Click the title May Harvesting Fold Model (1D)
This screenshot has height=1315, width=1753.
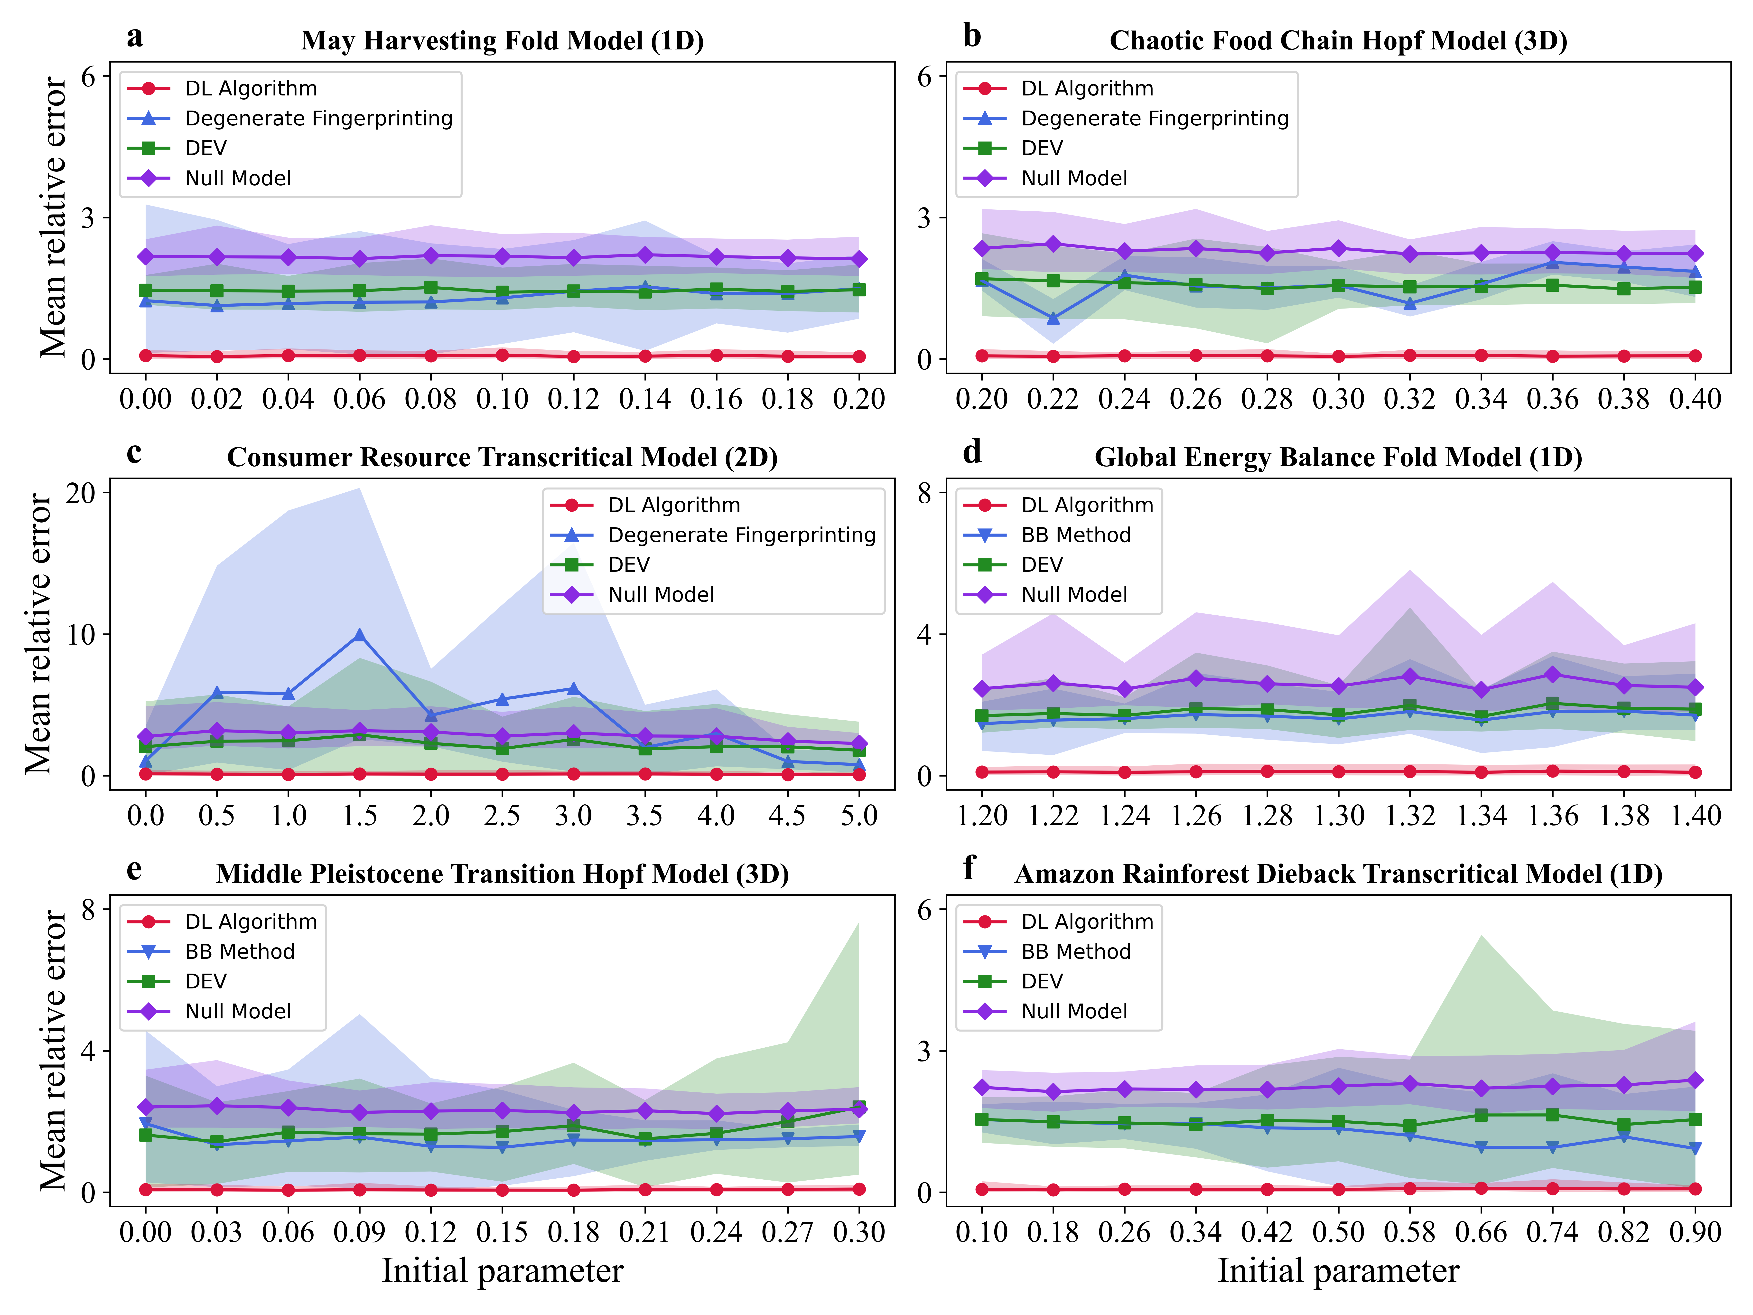click(503, 40)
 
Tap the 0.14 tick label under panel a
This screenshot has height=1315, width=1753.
click(644, 399)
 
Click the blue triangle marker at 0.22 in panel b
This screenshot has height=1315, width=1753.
click(1053, 319)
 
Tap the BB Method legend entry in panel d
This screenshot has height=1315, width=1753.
click(1075, 535)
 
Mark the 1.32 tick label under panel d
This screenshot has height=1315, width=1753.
click(1410, 816)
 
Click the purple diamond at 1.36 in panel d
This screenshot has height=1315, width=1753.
click(1552, 675)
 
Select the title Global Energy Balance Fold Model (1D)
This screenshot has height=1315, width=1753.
click(1338, 457)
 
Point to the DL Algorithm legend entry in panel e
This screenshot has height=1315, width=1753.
click(251, 922)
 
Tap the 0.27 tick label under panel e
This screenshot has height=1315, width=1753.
click(787, 1232)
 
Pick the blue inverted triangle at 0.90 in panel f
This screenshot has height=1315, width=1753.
click(1695, 1148)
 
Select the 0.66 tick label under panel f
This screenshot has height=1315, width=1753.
click(1480, 1232)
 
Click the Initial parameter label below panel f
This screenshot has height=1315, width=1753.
click(1338, 1271)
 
